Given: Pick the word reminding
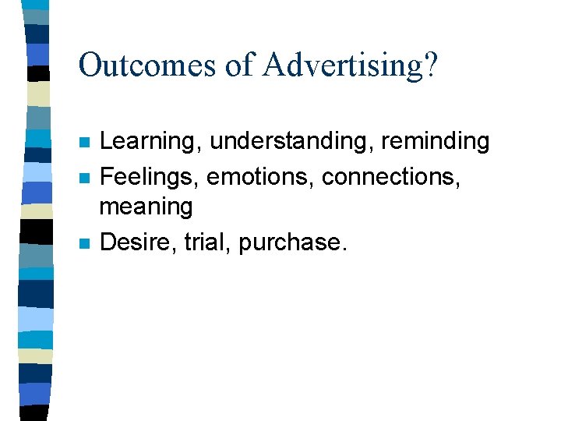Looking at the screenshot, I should click(435, 141).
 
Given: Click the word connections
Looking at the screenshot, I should click(389, 177).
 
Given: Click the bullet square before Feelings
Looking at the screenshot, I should click(84, 178).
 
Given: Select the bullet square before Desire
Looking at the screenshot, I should click(84, 243).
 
